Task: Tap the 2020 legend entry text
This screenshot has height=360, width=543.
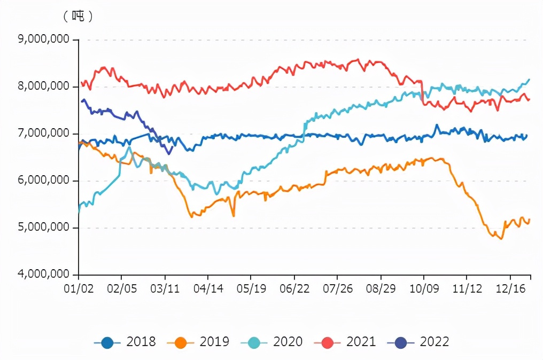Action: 288,342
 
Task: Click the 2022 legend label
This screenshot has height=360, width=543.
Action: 435,342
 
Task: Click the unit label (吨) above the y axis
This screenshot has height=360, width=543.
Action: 78,16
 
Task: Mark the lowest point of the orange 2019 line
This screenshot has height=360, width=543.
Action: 501,239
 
